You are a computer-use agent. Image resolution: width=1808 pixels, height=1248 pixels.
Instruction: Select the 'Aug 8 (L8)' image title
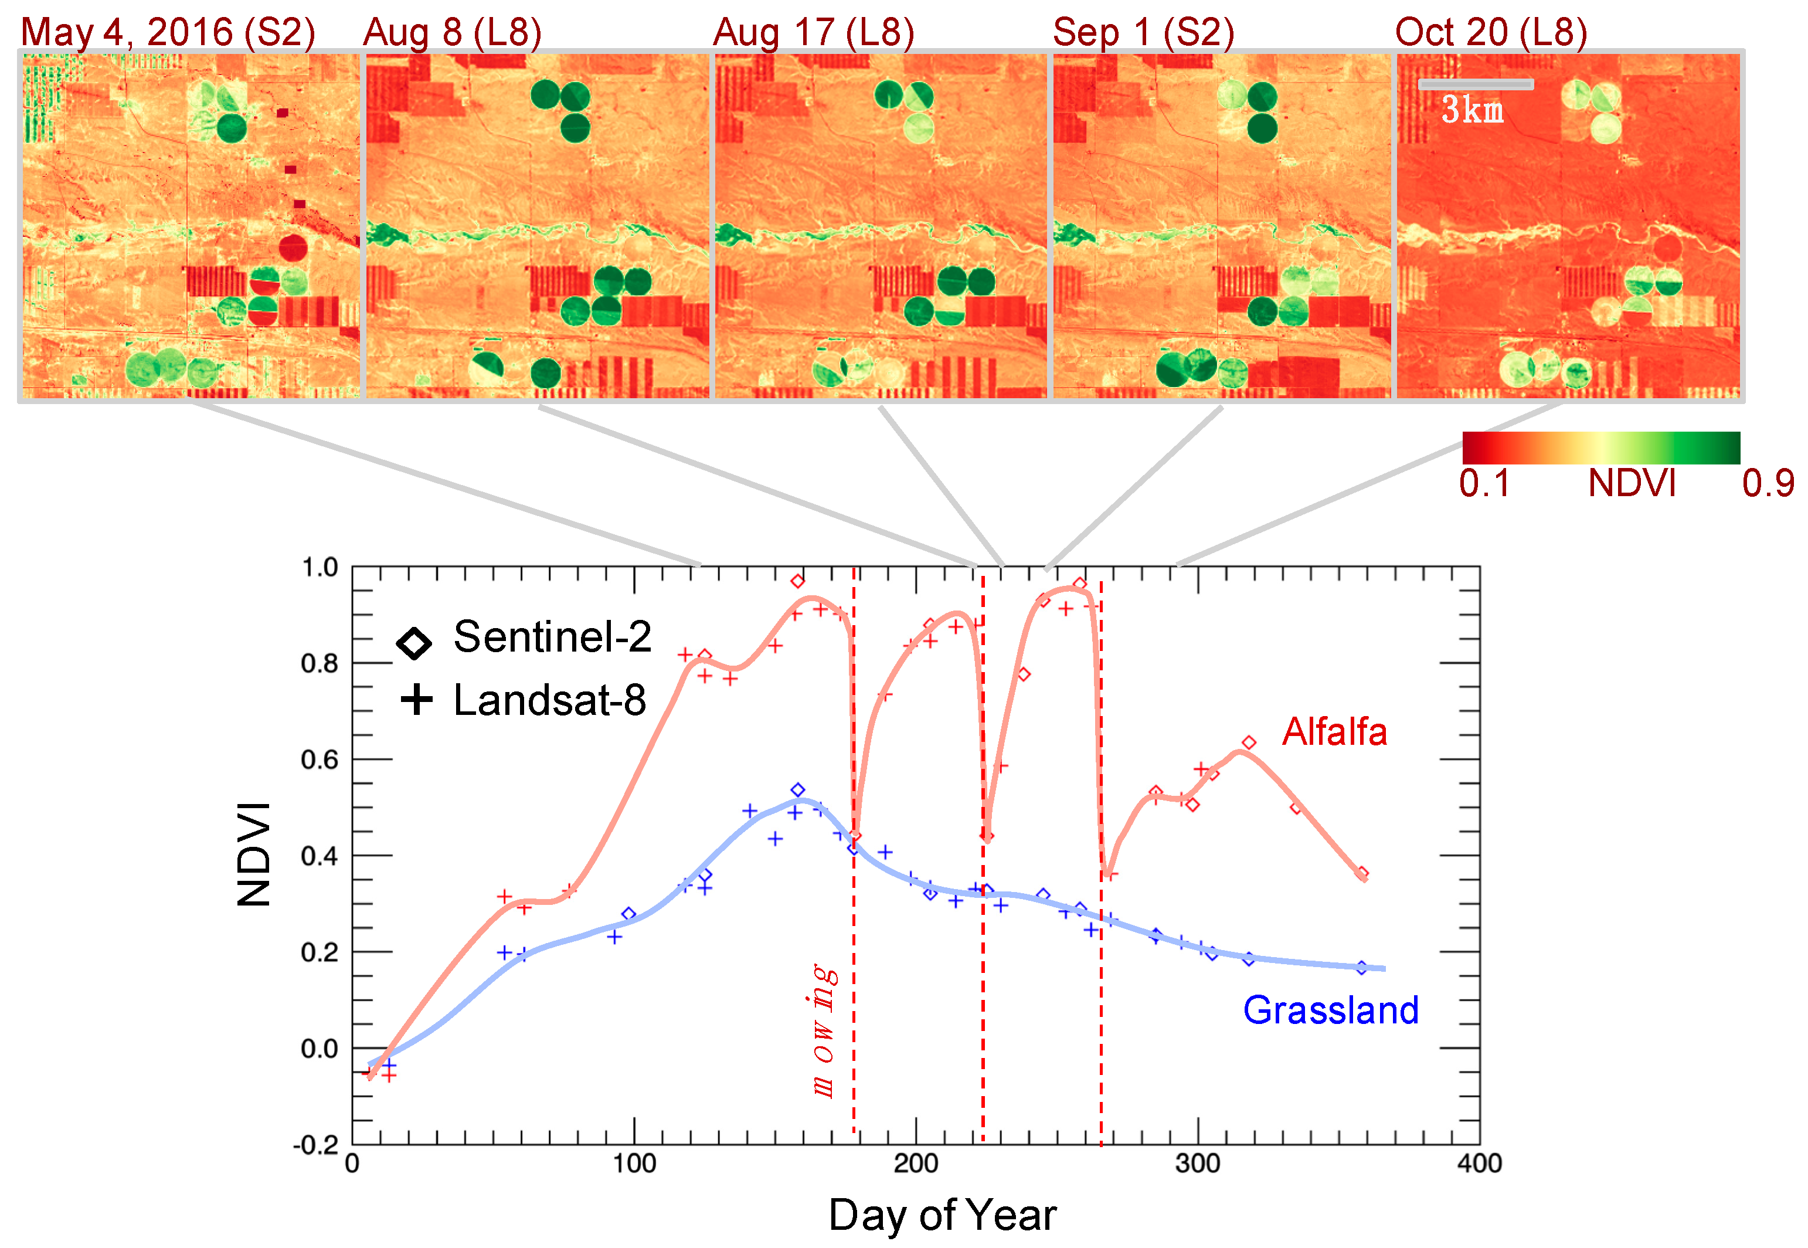tap(452, 33)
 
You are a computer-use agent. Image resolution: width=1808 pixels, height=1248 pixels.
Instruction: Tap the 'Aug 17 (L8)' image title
tap(813, 33)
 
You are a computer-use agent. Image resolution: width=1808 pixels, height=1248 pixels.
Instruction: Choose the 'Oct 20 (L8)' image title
tap(1491, 33)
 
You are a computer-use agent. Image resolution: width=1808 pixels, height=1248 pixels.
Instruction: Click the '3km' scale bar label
tap(1472, 110)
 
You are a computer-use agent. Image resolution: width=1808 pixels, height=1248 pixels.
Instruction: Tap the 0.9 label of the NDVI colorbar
tap(1768, 483)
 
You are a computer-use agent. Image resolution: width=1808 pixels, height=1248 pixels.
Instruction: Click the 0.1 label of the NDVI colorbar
tap(1484, 483)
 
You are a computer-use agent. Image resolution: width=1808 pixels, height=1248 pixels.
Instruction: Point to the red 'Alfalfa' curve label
tap(1334, 732)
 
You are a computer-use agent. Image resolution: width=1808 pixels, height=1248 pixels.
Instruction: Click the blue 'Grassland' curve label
tap(1330, 1009)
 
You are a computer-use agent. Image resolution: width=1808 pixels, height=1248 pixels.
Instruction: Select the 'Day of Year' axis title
tap(942, 1215)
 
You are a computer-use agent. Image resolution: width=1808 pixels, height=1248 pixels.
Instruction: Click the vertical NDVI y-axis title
tap(254, 854)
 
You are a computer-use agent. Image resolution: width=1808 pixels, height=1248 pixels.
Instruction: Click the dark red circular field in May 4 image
tap(293, 248)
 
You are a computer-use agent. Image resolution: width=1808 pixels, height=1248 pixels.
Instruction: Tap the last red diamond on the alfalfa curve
tap(1362, 873)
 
